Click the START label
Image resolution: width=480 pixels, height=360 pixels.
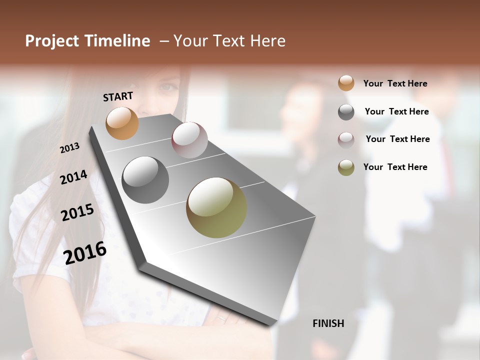pyautogui.click(x=118, y=96)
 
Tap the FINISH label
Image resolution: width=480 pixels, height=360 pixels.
pyautogui.click(x=328, y=323)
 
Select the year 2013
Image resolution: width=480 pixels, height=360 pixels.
pyautogui.click(x=69, y=147)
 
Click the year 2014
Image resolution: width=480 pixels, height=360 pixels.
pyautogui.click(x=73, y=177)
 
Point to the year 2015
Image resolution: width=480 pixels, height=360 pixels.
pyautogui.click(x=77, y=212)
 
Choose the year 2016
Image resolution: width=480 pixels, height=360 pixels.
pyautogui.click(x=85, y=252)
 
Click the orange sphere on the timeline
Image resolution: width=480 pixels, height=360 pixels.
pyautogui.click(x=122, y=123)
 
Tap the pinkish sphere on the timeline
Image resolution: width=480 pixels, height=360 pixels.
pyautogui.click(x=189, y=140)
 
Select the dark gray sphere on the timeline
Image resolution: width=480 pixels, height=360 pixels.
pyautogui.click(x=145, y=180)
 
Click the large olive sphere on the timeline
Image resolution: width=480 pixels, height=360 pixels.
pyautogui.click(x=216, y=207)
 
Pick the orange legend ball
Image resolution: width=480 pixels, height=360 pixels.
pyautogui.click(x=346, y=83)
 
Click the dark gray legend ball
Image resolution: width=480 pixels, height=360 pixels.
pyautogui.click(x=346, y=112)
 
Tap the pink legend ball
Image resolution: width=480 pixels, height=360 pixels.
pyautogui.click(x=346, y=140)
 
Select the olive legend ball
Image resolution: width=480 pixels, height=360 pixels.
pyautogui.click(x=346, y=167)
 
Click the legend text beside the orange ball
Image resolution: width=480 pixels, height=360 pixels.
pyautogui.click(x=395, y=83)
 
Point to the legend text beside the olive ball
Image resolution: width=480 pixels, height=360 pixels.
pyautogui.click(x=395, y=167)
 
